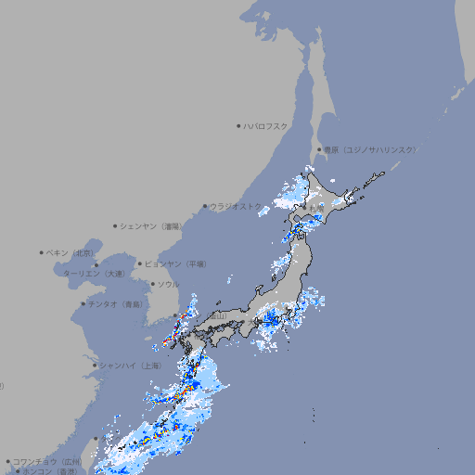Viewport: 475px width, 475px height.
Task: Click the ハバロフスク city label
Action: click(266, 126)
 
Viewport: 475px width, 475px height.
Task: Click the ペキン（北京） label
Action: click(71, 252)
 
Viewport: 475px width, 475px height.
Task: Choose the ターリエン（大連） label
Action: click(94, 275)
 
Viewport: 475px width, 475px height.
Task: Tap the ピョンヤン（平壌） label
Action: click(176, 263)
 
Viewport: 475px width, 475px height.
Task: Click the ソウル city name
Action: click(169, 284)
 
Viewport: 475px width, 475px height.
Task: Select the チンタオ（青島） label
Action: click(116, 303)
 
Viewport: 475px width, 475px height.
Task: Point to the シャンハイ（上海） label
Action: click(131, 366)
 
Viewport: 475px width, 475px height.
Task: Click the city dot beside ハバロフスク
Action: click(238, 126)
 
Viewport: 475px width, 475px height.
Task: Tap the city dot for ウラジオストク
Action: click(205, 206)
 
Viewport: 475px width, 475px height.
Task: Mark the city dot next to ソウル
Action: click(152, 284)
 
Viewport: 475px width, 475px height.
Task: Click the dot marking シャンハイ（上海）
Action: click(95, 366)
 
